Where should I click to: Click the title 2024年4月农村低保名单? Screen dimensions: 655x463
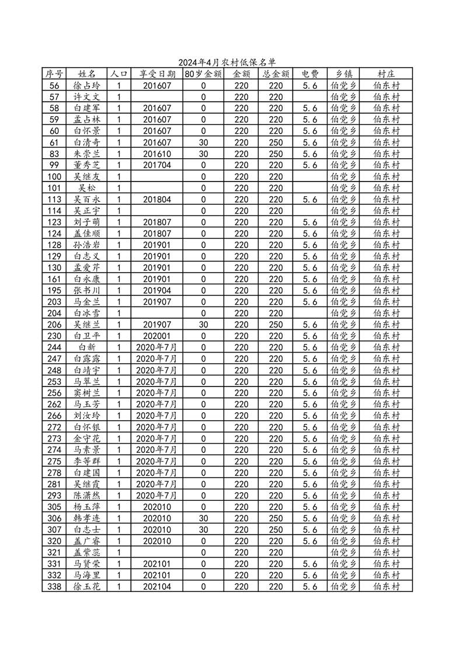pos(226,62)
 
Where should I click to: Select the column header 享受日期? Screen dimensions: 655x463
pos(156,74)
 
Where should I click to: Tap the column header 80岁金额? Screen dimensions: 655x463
pos(203,74)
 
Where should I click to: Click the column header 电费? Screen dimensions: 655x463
pos(309,74)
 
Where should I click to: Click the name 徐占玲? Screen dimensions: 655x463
pos(86,86)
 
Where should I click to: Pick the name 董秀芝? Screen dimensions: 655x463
pos(86,165)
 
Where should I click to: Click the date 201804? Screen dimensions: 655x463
pos(156,200)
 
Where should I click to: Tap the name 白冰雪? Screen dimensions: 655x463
pos(86,313)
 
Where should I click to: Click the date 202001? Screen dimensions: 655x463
pos(156,336)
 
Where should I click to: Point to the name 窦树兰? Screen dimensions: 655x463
pos(86,393)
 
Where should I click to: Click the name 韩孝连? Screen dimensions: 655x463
pos(86,518)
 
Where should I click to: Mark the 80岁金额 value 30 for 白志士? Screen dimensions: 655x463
pos(203,529)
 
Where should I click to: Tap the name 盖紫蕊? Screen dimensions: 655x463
pos(86,552)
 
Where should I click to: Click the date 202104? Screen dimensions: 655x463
pos(156,587)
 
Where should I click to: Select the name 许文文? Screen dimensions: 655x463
pos(86,97)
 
